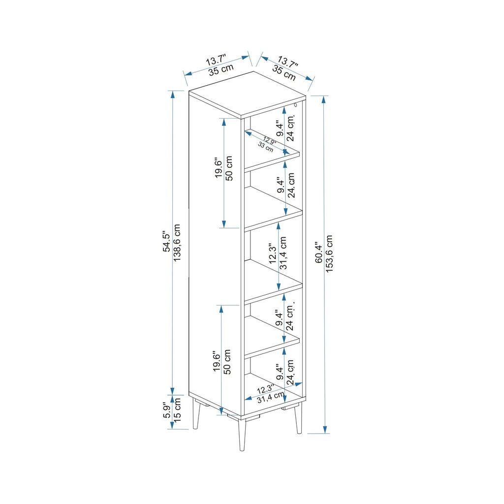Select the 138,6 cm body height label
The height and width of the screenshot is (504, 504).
(177, 243)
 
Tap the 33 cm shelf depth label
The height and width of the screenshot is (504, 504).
(265, 148)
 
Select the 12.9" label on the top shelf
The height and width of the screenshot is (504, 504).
(269, 141)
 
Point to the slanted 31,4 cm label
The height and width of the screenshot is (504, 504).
(270, 397)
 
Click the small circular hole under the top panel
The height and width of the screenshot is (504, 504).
(295, 105)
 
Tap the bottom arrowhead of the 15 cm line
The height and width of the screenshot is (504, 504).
(172, 425)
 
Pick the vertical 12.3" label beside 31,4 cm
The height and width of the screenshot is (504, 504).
(272, 255)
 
